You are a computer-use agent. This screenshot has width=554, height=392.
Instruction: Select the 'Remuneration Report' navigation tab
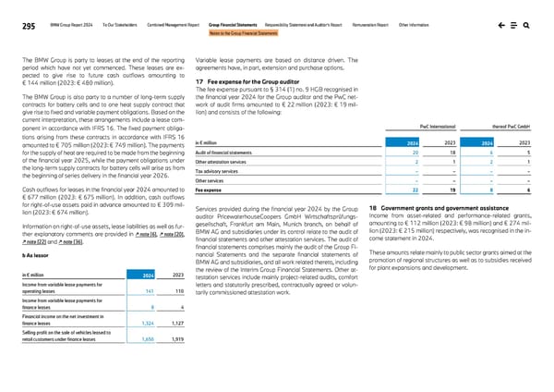(x=374, y=26)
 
